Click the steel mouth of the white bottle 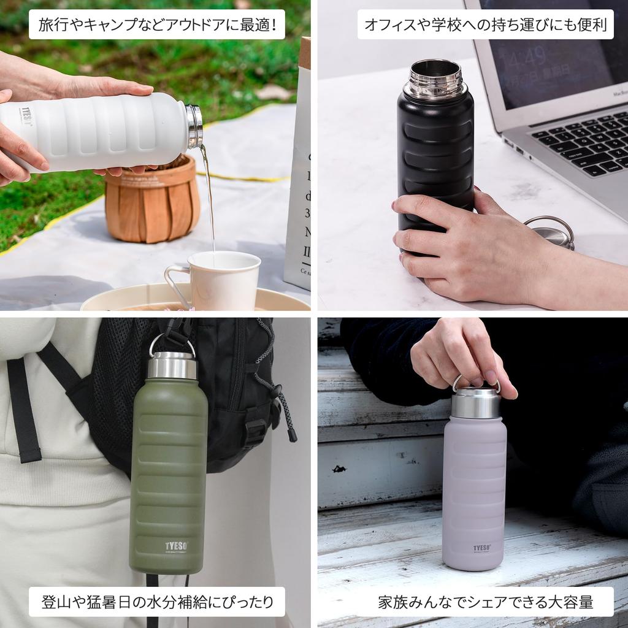[x=194, y=126]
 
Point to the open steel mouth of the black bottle [x=435, y=78]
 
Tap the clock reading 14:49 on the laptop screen [x=526, y=58]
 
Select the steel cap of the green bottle [x=172, y=366]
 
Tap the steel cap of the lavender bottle [x=476, y=402]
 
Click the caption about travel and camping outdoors [x=157, y=25]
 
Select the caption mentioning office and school [x=485, y=25]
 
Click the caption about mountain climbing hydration [x=157, y=602]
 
